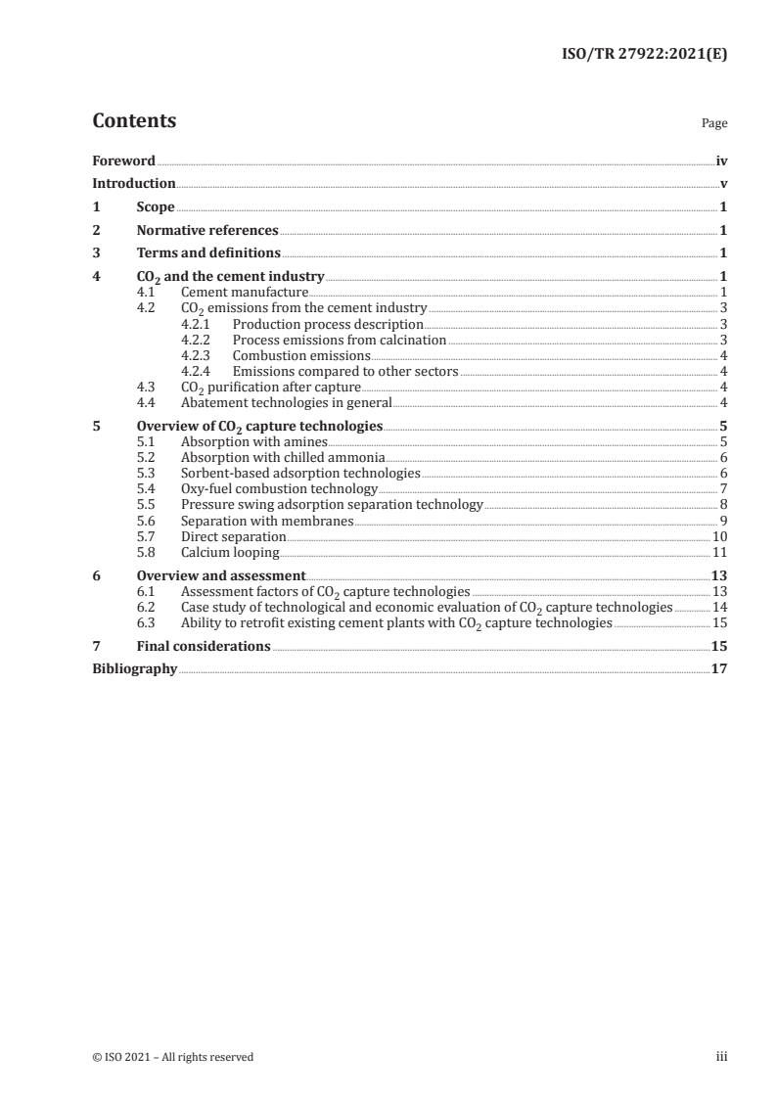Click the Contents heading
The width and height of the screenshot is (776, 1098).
[134, 121]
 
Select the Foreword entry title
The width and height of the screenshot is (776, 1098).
[123, 160]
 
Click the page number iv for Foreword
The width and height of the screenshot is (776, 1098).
[721, 160]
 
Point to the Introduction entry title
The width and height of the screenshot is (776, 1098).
[134, 183]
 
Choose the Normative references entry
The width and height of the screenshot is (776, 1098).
[207, 231]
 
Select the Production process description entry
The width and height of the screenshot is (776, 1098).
[328, 324]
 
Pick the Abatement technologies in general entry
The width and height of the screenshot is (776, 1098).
[287, 402]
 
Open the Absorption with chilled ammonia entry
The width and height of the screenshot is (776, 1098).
[283, 457]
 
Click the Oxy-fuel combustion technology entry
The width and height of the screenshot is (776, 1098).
[279, 488]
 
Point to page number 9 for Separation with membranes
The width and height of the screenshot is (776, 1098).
[723, 520]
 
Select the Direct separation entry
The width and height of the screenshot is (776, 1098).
[234, 536]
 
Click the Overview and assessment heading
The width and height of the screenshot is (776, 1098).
[221, 575]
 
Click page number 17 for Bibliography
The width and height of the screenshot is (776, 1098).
[719, 669]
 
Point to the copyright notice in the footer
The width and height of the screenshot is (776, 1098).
[173, 1057]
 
